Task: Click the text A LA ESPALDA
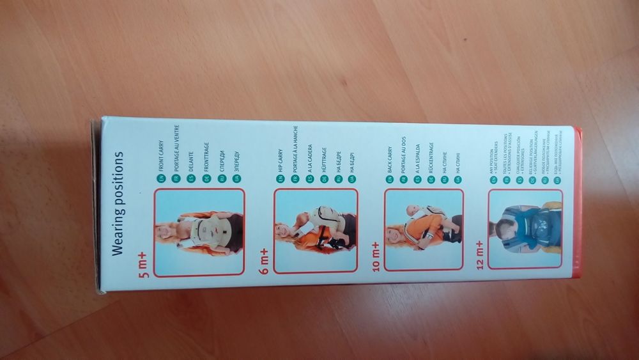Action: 418,155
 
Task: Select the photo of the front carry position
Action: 199,231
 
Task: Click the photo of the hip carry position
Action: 316,231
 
